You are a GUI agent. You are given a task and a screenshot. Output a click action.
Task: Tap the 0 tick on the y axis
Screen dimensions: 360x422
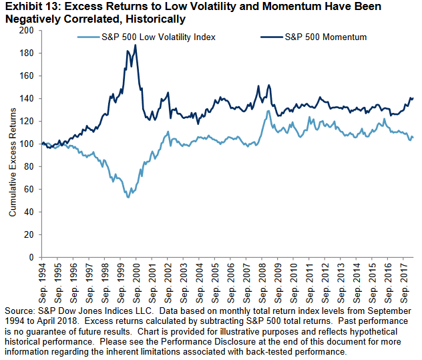[32, 257]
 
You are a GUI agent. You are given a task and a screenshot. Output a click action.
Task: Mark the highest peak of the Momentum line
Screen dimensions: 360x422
[136, 45]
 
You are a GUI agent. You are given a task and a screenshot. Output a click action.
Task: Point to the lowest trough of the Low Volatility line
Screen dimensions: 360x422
[128, 197]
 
